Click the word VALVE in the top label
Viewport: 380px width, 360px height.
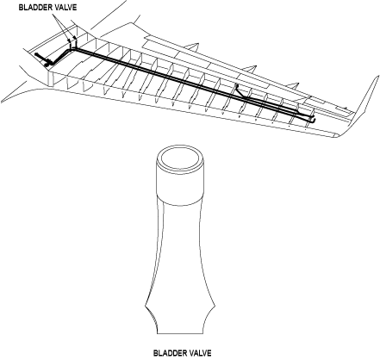[67, 8]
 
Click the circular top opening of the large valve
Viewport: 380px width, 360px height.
[180, 158]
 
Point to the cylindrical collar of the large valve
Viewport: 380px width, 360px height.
[180, 183]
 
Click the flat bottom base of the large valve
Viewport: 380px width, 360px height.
[180, 333]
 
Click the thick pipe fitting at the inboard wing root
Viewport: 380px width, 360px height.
[46, 59]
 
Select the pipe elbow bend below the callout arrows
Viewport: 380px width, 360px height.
[71, 50]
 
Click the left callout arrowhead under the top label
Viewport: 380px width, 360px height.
[69, 40]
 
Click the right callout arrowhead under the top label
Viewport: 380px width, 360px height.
[75, 38]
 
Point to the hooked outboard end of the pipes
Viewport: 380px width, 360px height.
[312, 119]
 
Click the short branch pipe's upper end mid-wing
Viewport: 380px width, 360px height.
[237, 85]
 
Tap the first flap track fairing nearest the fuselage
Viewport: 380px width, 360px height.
[191, 47]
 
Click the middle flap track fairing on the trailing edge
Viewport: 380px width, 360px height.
[249, 69]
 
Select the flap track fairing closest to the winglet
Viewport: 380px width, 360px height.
[292, 86]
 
